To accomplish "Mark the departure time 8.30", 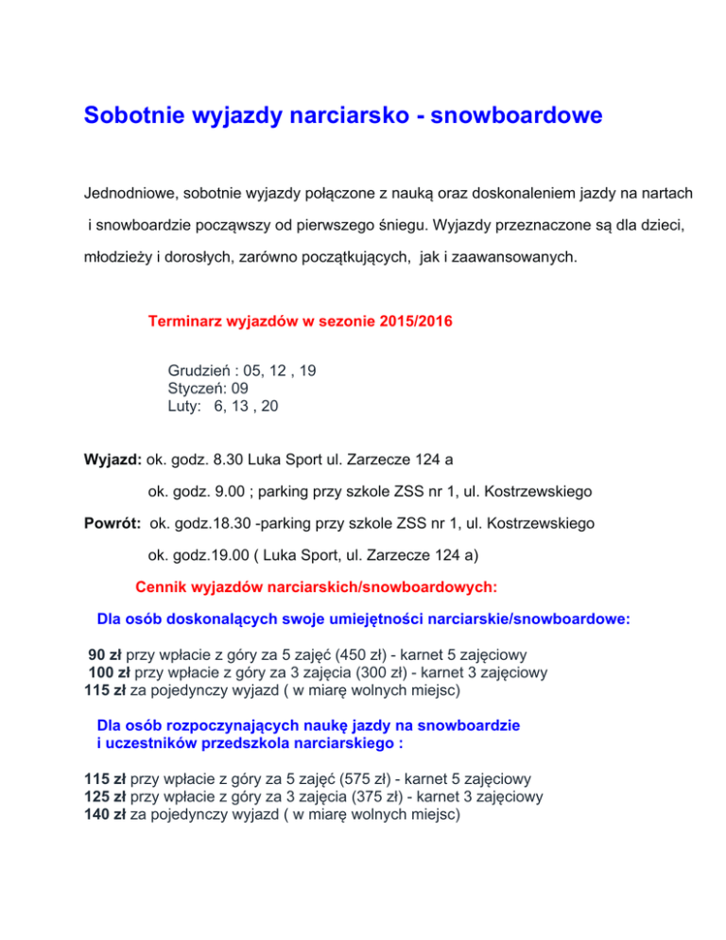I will pyautogui.click(x=232, y=461).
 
